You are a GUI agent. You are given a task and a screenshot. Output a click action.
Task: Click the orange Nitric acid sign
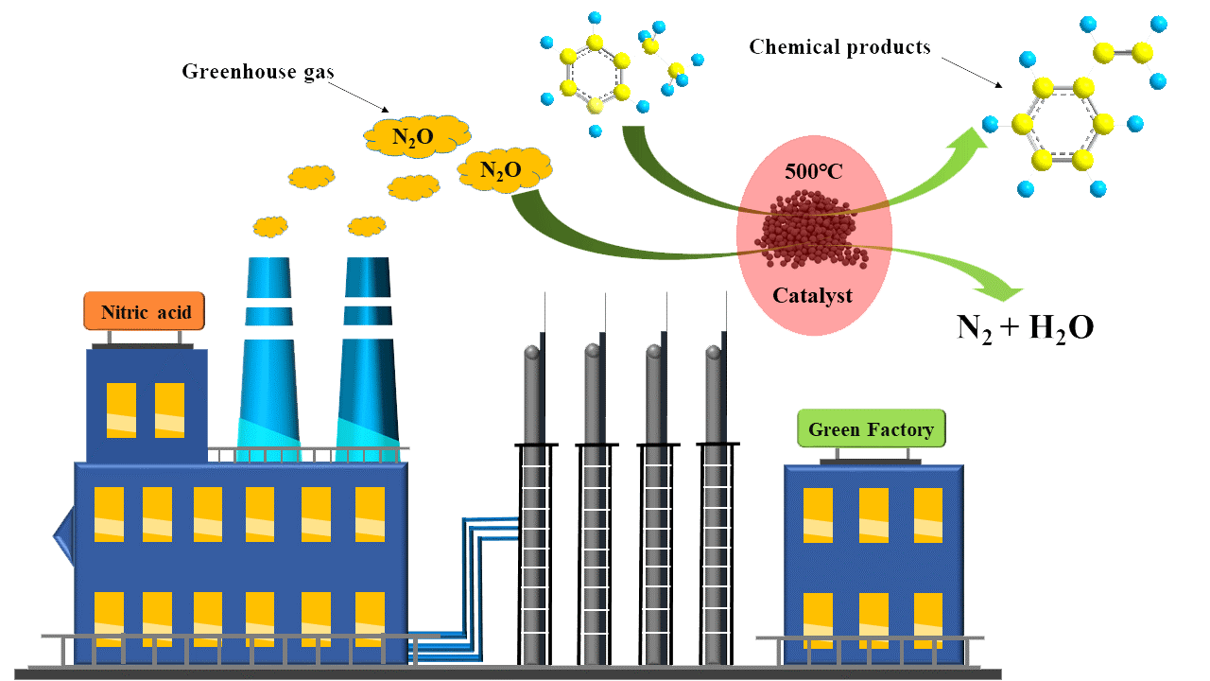(144, 311)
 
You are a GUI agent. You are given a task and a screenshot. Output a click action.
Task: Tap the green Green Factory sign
(871, 429)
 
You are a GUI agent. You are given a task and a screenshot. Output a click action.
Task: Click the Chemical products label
(839, 46)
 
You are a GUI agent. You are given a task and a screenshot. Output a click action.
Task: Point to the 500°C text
(814, 173)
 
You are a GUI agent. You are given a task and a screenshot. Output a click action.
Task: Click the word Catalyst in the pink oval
(812, 295)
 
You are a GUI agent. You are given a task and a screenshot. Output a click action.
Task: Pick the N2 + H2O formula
(1025, 327)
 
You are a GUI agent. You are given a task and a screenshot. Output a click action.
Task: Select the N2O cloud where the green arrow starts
(503, 170)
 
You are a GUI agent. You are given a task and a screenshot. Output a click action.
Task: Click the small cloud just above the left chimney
(270, 227)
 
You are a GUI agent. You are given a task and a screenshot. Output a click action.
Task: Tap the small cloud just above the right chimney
(366, 227)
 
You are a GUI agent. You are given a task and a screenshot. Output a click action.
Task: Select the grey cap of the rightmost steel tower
(714, 353)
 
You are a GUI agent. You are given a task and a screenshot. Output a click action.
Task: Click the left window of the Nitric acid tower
(121, 410)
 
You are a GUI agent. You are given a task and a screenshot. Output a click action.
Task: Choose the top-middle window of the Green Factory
(873, 515)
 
